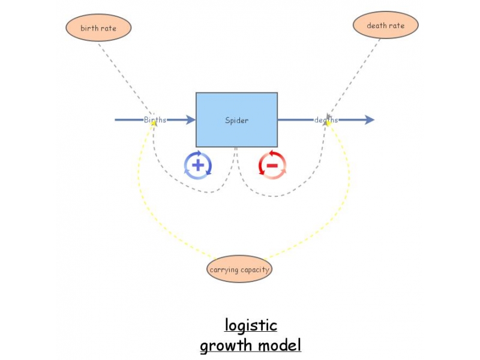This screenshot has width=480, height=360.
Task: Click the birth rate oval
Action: (98, 28)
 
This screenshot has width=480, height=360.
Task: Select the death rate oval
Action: (385, 26)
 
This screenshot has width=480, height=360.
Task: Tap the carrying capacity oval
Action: (239, 269)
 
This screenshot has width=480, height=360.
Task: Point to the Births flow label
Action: (155, 120)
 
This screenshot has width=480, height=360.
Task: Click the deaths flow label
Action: (326, 120)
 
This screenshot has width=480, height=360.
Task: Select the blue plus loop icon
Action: (198, 165)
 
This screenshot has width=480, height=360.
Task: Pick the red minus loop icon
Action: (272, 165)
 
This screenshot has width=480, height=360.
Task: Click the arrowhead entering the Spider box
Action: (191, 120)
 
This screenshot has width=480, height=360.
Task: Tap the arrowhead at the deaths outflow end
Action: (369, 120)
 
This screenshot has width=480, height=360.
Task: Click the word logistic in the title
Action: (251, 325)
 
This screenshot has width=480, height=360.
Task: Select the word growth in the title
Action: (227, 346)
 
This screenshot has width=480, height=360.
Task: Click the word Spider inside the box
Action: (236, 120)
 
